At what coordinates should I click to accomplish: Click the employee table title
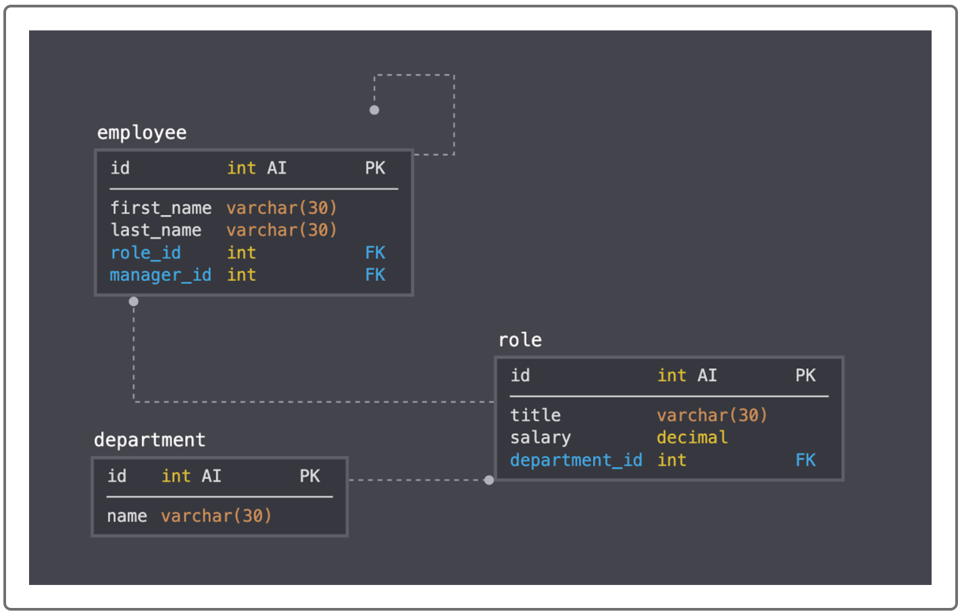tap(142, 132)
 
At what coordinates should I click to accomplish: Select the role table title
tap(520, 340)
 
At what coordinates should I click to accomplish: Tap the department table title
tap(149, 440)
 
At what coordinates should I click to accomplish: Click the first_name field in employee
tap(161, 208)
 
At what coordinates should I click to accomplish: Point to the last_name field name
tap(156, 230)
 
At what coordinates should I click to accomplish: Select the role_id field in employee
tap(145, 253)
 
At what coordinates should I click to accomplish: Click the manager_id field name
tap(161, 275)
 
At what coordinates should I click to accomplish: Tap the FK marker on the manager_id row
tap(375, 275)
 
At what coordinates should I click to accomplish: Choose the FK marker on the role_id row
tap(375, 253)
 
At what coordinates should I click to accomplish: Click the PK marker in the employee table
tap(375, 168)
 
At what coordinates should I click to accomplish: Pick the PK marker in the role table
tap(805, 376)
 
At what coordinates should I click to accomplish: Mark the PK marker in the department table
tap(309, 476)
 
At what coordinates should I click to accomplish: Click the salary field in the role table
tap(540, 438)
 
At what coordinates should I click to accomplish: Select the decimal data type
tap(692, 438)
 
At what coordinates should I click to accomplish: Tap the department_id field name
tap(576, 460)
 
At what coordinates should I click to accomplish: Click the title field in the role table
tap(535, 415)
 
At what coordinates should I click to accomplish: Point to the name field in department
tap(127, 516)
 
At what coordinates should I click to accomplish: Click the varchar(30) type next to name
tap(216, 516)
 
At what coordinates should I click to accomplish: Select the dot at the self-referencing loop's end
tap(374, 110)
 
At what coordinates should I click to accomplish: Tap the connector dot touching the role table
tap(489, 480)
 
